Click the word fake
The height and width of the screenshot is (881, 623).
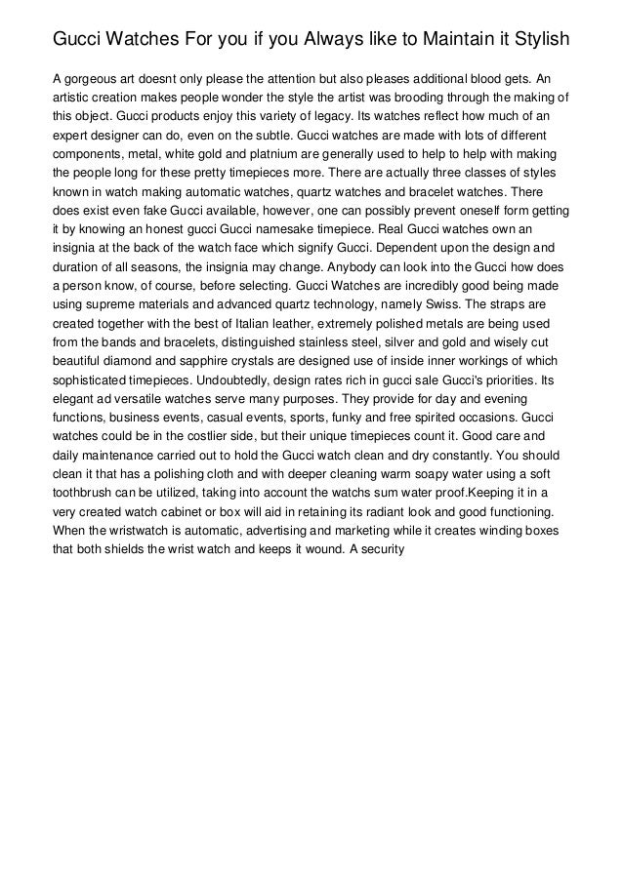click(x=147, y=210)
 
